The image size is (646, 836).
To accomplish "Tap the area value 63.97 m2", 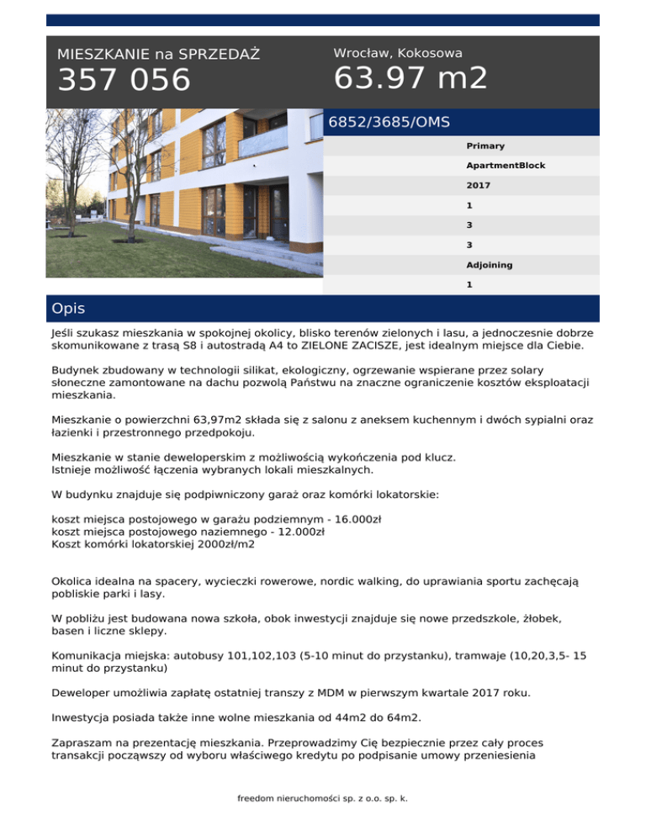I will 410,79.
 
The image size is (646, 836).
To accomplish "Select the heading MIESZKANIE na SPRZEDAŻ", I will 158,55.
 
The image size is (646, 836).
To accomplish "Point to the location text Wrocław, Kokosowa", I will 398,53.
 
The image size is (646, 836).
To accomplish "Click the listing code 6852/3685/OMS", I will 389,123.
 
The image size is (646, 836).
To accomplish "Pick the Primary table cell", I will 485,146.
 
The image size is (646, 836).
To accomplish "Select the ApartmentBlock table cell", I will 506,166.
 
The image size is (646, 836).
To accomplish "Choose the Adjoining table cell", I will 489,265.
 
